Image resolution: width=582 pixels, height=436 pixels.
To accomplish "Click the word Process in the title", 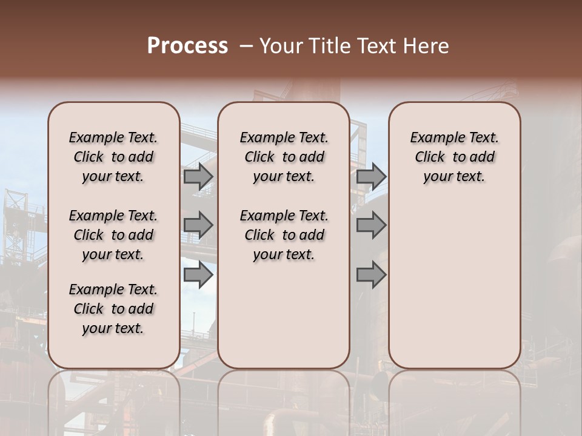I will tap(187, 45).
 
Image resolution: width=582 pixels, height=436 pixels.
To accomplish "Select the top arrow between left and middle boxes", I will tap(198, 176).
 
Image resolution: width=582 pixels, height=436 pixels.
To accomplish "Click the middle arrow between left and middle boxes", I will tap(198, 225).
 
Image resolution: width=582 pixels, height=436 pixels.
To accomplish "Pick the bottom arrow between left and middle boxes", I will tap(198, 275).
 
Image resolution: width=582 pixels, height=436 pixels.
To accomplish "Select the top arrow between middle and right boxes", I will tap(371, 176).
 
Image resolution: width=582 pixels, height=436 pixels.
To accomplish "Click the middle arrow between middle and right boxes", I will tap(371, 225).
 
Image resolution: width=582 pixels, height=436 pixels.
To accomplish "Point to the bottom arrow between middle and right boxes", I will tap(371, 275).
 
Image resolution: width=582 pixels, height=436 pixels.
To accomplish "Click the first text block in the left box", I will tap(113, 157).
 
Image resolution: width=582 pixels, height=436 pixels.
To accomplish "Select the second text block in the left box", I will tap(113, 235).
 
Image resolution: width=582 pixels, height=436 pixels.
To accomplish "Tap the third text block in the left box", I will tap(113, 309).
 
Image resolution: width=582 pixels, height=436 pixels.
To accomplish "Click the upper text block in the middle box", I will tap(284, 157).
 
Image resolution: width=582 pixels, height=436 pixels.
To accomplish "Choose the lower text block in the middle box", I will tap(284, 235).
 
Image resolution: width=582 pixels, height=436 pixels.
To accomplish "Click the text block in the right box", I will tap(454, 157).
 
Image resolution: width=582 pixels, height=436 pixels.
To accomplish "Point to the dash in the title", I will tap(246, 45).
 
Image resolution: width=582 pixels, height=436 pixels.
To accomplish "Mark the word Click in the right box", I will tap(430, 157).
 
